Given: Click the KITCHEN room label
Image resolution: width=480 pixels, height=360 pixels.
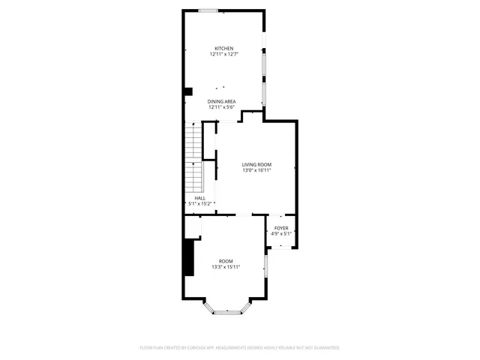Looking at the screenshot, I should (224, 49).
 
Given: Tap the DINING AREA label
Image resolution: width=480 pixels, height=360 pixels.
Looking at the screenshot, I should (222, 101).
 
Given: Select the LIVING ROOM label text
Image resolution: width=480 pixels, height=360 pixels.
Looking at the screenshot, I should (256, 164).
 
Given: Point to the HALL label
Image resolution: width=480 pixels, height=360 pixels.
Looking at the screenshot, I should (200, 198).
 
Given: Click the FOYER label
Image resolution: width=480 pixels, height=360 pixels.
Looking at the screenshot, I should (281, 228).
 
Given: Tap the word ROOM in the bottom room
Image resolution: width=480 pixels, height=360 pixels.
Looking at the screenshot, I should (226, 261).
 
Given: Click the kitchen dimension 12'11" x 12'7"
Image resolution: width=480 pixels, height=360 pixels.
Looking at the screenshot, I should (224, 54).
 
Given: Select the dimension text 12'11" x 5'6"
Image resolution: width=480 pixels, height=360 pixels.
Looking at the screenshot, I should (222, 106).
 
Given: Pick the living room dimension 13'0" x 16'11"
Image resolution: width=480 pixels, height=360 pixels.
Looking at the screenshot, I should (256, 170).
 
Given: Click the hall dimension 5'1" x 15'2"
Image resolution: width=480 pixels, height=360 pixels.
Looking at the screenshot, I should (200, 203).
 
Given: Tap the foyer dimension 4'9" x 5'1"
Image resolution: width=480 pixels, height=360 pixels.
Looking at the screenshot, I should (281, 233).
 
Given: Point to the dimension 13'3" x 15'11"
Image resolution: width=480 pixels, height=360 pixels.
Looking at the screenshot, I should (226, 267).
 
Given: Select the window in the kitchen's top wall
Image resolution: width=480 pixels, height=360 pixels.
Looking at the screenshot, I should (208, 10).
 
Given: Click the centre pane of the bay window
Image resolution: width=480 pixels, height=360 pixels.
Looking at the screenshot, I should (226, 312).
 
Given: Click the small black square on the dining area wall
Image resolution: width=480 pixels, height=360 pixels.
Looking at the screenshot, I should (188, 91).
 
